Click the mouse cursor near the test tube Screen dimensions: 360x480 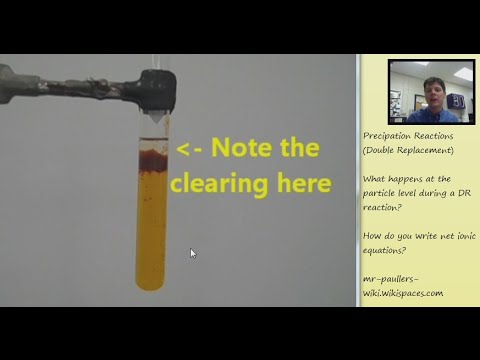pos(193,253)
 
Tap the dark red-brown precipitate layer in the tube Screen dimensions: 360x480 pos(151,157)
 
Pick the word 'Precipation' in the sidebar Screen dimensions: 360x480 pos(388,136)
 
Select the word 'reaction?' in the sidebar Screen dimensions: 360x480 pos(383,207)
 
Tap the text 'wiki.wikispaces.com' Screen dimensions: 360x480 pos(403,293)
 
